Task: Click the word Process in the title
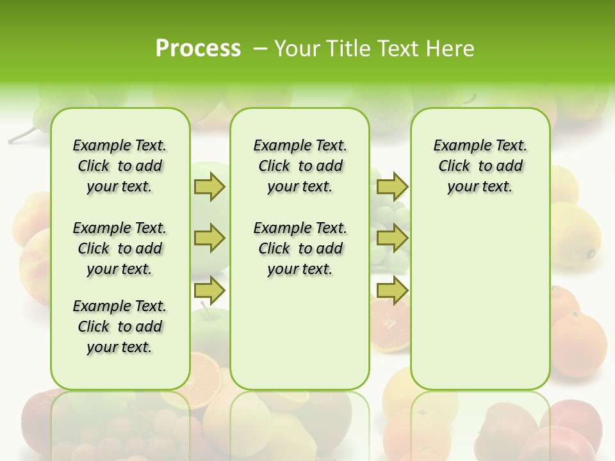pyautogui.click(x=198, y=48)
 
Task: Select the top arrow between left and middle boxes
pyautogui.click(x=209, y=186)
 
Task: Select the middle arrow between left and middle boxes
pyautogui.click(x=209, y=238)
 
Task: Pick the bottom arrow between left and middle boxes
pyautogui.click(x=209, y=290)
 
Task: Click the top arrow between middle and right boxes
pyautogui.click(x=392, y=186)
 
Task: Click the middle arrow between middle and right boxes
pyautogui.click(x=392, y=238)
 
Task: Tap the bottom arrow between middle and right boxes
pyautogui.click(x=392, y=290)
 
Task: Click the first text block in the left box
pyautogui.click(x=120, y=166)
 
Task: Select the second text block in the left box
pyautogui.click(x=120, y=248)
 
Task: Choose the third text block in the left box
pyautogui.click(x=120, y=327)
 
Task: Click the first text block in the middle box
pyautogui.click(x=300, y=166)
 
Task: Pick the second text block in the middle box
pyautogui.click(x=300, y=248)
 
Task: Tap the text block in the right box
pyautogui.click(x=480, y=166)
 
